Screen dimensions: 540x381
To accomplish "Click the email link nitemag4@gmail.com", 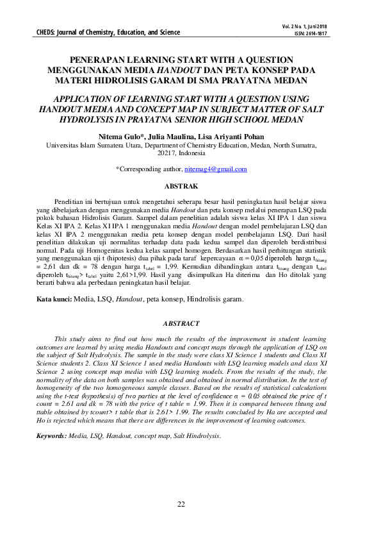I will (215, 169).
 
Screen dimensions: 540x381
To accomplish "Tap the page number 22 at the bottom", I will (181, 504).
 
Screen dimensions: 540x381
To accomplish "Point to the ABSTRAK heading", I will (181, 186).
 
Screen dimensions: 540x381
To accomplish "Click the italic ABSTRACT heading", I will (181, 324).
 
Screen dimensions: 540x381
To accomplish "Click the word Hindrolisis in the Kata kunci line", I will (218, 300).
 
